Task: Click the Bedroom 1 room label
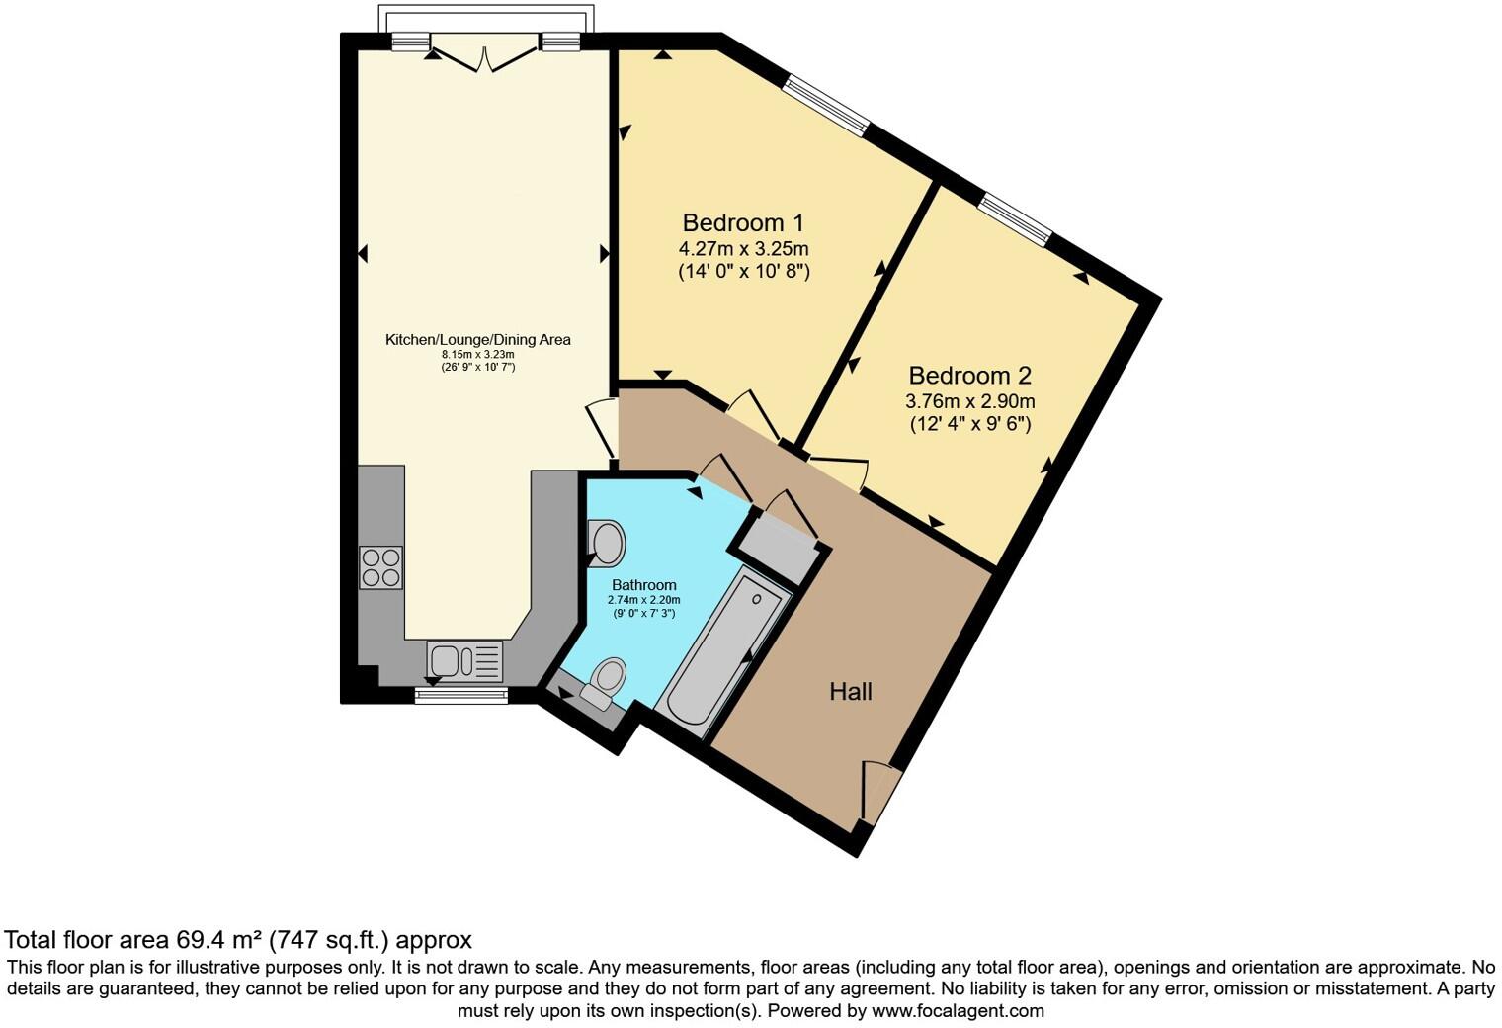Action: [743, 222]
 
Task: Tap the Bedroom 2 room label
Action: [969, 376]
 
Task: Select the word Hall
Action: [850, 692]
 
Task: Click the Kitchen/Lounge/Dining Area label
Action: [477, 340]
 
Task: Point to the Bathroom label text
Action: [643, 585]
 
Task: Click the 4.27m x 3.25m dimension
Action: [743, 248]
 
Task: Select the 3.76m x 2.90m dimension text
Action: [969, 401]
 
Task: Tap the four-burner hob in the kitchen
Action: [380, 567]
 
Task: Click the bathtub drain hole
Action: [757, 599]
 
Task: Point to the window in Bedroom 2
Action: [1015, 220]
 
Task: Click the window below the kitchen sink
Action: [460, 696]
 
